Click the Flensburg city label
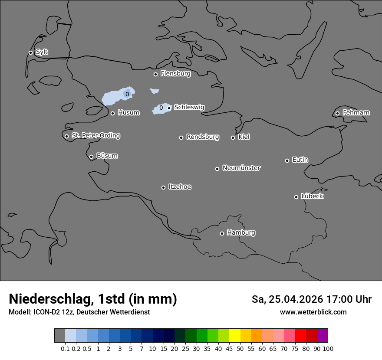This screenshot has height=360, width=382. [x=175, y=74]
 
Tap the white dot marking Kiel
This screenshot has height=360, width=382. [x=233, y=137]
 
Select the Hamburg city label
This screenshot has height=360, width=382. [x=241, y=233]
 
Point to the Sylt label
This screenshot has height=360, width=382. [x=42, y=52]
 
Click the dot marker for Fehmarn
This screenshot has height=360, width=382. [x=337, y=113]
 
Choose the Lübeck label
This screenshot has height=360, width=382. [x=312, y=196]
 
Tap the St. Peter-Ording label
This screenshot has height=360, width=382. [x=95, y=136]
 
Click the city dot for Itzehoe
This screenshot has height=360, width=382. [x=163, y=187]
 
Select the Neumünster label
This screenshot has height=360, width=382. [x=241, y=168]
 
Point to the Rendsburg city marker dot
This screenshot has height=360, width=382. [x=181, y=137]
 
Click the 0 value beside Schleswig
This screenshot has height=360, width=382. [x=161, y=108]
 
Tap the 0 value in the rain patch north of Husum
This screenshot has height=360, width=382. [x=127, y=94]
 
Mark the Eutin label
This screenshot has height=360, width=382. [x=300, y=160]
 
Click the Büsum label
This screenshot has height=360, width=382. [x=107, y=156]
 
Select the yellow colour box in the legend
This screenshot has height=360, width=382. [x=235, y=336]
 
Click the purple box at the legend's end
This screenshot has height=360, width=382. [x=322, y=336]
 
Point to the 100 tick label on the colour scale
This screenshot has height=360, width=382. [x=328, y=349]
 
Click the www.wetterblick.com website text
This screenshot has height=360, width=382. [x=313, y=312]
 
